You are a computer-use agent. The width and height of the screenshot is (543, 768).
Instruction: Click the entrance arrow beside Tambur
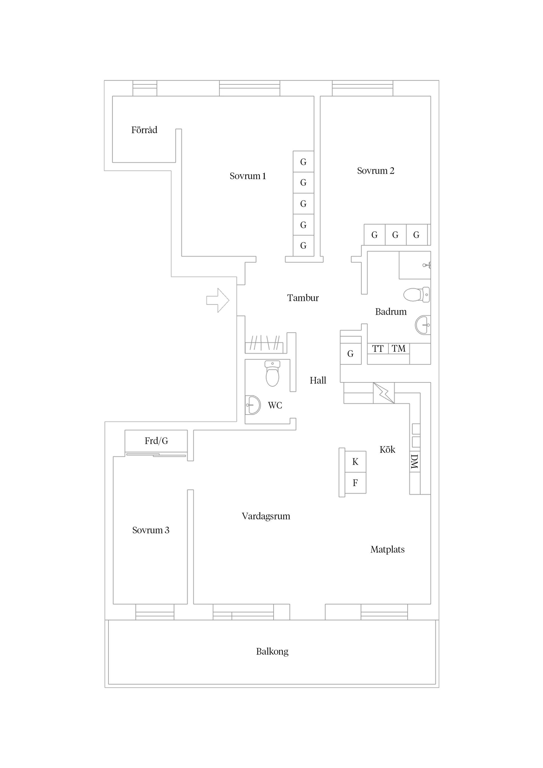(218, 300)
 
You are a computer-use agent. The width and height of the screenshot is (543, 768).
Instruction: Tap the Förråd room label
(144, 130)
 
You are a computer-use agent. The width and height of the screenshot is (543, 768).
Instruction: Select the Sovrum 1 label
(247, 176)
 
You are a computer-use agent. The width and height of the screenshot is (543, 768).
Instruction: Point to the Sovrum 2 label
(375, 171)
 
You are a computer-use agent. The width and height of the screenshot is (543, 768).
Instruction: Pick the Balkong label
(272, 651)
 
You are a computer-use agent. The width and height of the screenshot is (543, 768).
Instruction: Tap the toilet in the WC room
(272, 373)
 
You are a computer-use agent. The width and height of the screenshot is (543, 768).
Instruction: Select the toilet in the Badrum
(417, 294)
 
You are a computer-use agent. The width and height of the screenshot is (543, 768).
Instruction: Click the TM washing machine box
(399, 349)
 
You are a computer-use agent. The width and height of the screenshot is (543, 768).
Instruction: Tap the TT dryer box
(378, 349)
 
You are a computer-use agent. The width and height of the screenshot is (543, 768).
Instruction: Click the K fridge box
(355, 461)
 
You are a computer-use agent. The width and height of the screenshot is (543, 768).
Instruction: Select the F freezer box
(355, 483)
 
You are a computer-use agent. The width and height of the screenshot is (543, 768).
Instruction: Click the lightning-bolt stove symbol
(384, 393)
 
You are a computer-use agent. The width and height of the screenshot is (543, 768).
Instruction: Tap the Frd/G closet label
(156, 441)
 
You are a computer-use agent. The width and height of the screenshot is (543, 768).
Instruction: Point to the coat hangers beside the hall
(264, 343)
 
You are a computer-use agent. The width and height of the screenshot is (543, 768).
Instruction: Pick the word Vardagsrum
(266, 516)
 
